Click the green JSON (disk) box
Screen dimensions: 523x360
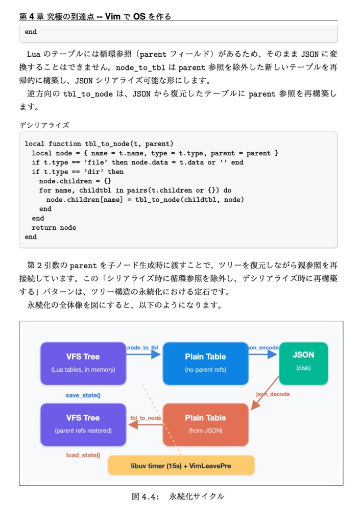[x=303, y=363]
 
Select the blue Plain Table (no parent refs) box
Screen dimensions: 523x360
[x=205, y=363]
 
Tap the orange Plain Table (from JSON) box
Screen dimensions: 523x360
[x=205, y=424]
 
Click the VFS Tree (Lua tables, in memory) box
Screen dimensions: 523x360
[x=83, y=363]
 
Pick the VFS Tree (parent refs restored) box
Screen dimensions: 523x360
[x=83, y=424]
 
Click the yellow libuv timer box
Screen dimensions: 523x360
[x=181, y=466]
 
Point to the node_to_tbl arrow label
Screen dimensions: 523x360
[x=142, y=348]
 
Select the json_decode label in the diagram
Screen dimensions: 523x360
[x=273, y=394]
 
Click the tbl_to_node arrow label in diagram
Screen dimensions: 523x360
[x=146, y=418]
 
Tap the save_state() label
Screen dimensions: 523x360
[x=83, y=395]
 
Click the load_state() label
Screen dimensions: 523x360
[x=83, y=455]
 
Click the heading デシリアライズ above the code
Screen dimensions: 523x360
[x=44, y=125]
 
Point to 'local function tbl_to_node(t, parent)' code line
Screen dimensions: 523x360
[x=99, y=144]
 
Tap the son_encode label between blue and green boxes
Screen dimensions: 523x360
[x=263, y=348]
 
